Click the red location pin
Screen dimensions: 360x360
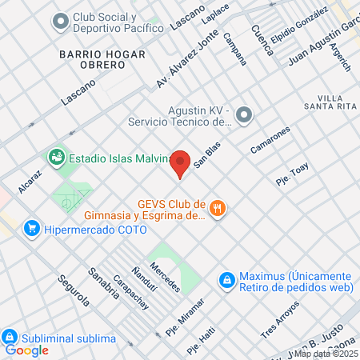tap(181, 162)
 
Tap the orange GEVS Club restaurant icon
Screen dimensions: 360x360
tap(218, 210)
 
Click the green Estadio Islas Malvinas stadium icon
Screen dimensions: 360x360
tap(56, 157)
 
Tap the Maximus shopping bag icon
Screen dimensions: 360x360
tap(227, 280)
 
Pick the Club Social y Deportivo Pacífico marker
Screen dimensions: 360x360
tap(59, 22)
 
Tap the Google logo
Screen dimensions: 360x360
tap(26, 350)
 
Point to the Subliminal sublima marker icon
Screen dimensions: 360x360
tap(10, 338)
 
